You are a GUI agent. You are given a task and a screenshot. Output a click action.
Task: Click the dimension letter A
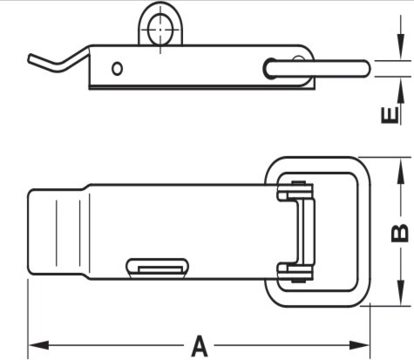click(200, 346)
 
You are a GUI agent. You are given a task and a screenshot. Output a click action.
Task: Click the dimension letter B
click(400, 234)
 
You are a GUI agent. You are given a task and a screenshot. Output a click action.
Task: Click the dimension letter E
click(390, 115)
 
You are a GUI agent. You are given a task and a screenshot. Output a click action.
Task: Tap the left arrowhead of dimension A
click(38, 345)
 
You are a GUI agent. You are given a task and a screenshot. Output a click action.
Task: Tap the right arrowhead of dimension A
click(359, 345)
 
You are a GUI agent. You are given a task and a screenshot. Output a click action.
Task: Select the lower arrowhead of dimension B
click(401, 293)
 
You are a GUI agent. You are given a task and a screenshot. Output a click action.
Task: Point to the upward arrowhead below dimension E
click(401, 90)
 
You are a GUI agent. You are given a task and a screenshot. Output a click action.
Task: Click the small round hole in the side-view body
click(117, 69)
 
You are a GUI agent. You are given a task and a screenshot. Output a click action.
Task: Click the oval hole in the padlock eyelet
click(160, 30)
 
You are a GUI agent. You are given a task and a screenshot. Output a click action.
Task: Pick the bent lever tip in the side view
click(31, 59)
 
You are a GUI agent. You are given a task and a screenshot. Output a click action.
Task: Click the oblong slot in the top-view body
click(157, 268)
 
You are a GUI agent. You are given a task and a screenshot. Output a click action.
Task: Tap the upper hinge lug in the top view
click(295, 191)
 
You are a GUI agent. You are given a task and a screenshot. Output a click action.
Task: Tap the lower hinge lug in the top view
click(295, 273)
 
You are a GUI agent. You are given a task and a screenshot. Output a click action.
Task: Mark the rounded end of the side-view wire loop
click(268, 69)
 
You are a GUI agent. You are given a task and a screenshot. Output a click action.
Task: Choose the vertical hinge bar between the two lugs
click(306, 232)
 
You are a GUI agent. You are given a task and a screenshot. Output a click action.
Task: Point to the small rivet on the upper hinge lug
click(298, 183)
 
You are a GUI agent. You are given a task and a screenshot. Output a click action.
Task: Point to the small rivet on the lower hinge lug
click(298, 281)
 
